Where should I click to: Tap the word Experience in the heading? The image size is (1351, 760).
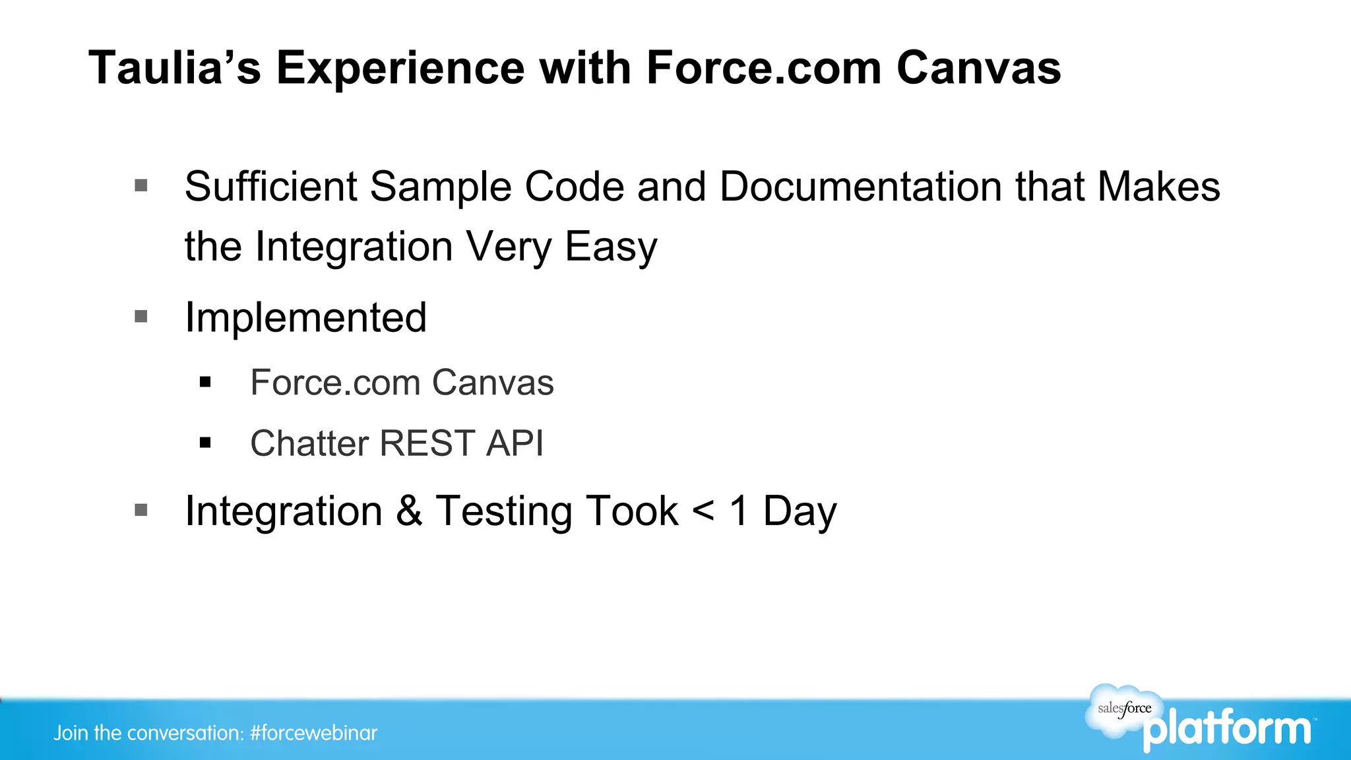(x=400, y=68)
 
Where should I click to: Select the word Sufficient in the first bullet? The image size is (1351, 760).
(x=270, y=187)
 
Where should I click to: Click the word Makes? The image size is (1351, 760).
(x=1158, y=187)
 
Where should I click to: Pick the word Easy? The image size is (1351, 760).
(x=611, y=247)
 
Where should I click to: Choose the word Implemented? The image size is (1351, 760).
(x=305, y=317)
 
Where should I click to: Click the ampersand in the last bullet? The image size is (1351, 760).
(x=409, y=511)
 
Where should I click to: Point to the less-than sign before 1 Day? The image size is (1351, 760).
(x=703, y=511)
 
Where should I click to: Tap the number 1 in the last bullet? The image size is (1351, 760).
(x=739, y=511)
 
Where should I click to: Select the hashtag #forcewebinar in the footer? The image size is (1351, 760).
(x=313, y=733)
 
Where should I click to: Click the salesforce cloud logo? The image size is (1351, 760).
(x=1123, y=710)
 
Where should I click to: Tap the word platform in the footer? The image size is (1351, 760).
(x=1227, y=730)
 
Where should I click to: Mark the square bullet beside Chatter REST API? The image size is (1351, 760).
(x=205, y=443)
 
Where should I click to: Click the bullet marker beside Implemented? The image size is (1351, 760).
(x=141, y=317)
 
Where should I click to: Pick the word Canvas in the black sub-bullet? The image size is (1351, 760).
(x=493, y=383)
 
